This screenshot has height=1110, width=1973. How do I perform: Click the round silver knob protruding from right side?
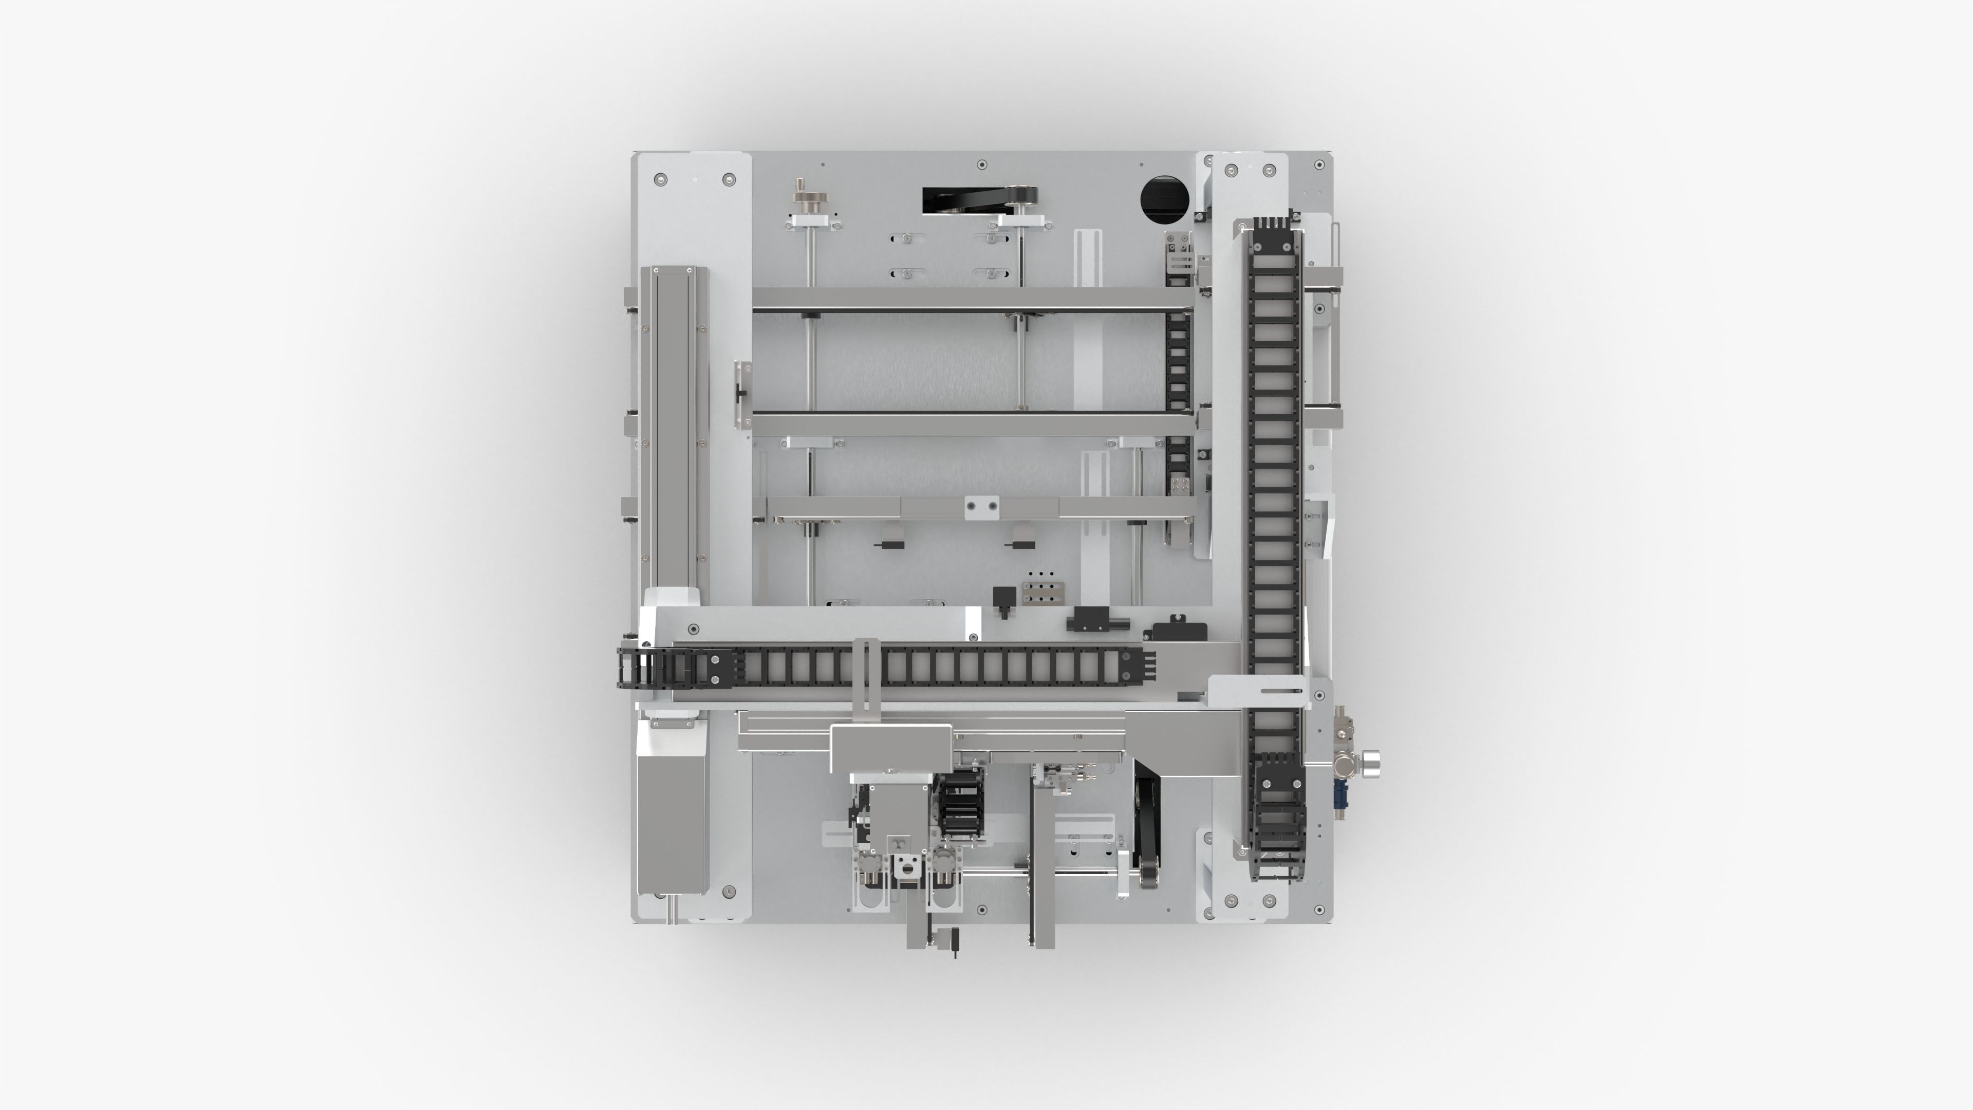click(1372, 762)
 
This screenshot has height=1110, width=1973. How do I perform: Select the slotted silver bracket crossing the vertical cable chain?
click(1258, 692)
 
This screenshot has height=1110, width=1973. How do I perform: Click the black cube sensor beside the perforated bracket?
click(1003, 596)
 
